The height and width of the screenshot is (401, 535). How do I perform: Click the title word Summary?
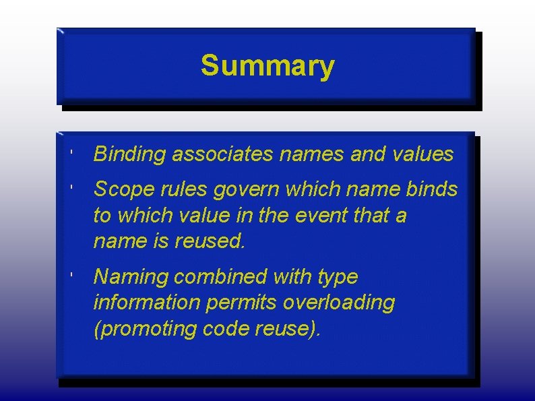click(x=267, y=66)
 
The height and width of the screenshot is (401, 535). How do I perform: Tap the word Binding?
click(x=129, y=154)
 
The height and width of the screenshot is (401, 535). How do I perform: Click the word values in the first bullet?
click(x=422, y=154)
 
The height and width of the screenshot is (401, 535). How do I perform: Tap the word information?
click(x=140, y=303)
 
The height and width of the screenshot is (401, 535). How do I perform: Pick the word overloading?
click(x=339, y=303)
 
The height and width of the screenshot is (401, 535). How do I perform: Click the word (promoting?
click(x=141, y=329)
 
